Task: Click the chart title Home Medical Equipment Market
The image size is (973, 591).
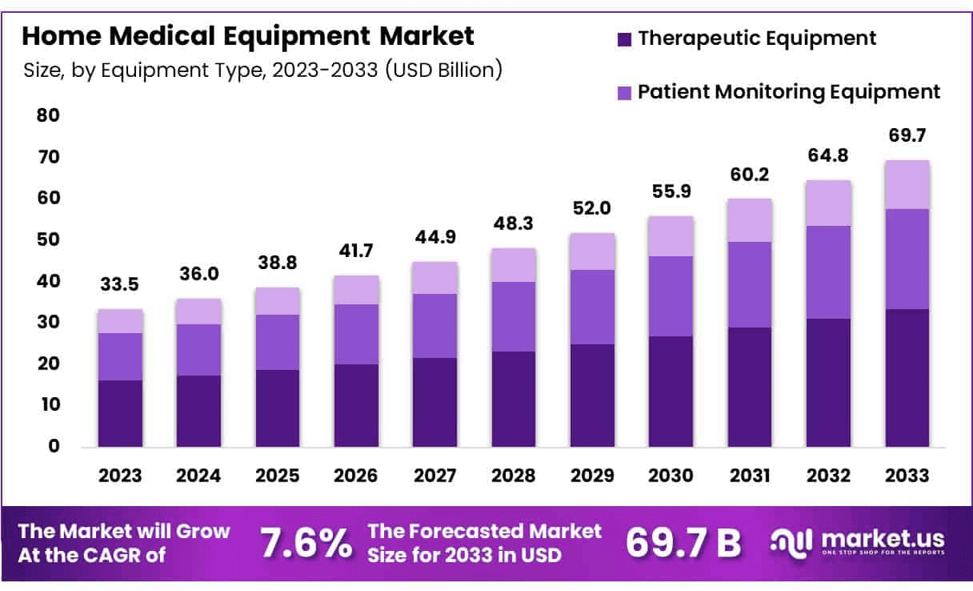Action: coord(248,36)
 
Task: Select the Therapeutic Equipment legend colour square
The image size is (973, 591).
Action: coord(626,38)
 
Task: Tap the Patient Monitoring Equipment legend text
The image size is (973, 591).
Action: coord(788,91)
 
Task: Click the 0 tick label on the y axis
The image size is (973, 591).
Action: coord(54,446)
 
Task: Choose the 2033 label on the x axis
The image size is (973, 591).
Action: coord(907,476)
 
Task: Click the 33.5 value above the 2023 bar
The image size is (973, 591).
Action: coord(120,284)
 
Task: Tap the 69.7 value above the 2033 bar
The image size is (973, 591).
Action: coord(907,135)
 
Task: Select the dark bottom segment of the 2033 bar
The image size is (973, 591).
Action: coord(907,377)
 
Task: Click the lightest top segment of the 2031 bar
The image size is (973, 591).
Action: coord(749,220)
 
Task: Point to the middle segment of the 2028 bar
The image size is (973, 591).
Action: coord(513,316)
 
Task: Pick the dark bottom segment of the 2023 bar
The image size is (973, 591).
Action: coord(120,413)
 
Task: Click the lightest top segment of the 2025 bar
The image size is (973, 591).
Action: coord(277,301)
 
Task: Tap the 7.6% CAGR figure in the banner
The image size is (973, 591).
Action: coord(306,543)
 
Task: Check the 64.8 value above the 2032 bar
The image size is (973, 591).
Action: coord(828,155)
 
